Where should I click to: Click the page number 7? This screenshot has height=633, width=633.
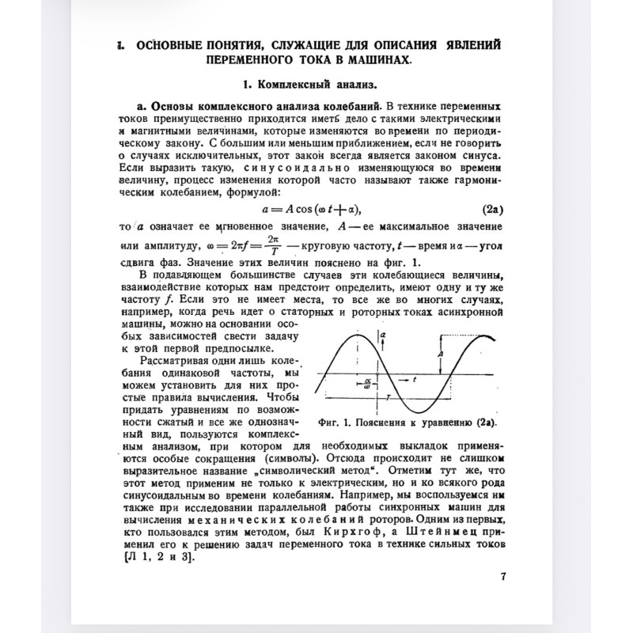point(503,576)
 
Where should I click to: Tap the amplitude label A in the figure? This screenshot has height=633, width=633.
point(439,354)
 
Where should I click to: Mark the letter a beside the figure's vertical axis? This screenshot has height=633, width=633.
point(383,335)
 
